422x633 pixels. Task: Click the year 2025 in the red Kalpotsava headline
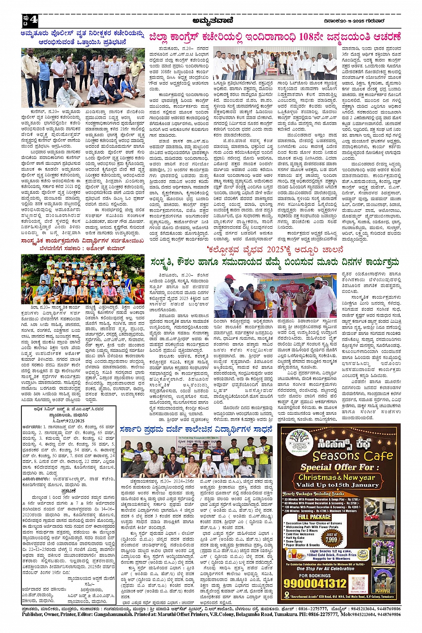point(272,250)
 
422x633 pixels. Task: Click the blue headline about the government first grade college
point(196,429)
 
